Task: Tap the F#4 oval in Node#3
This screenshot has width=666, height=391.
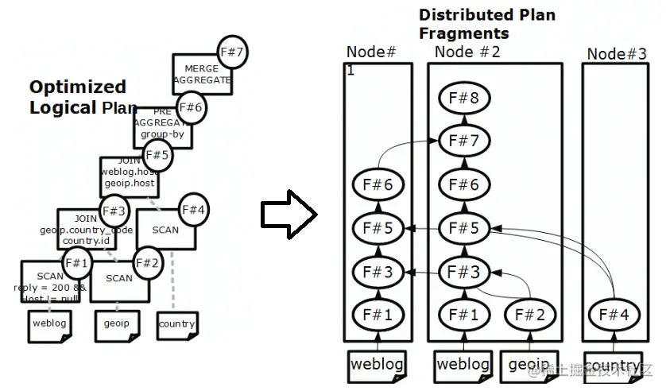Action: pos(614,315)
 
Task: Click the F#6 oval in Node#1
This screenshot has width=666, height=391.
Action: pos(378,184)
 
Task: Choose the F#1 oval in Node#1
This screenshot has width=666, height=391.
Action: pos(378,315)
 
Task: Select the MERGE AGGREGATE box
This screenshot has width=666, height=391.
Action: pos(201,75)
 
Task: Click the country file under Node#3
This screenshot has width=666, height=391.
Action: pos(613,366)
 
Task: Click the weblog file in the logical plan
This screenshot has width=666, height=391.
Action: pos(50,324)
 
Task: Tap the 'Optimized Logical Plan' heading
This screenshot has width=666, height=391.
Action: pos(78,97)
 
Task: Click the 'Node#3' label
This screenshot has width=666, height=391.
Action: pos(617,54)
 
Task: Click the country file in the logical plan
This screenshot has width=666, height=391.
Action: pos(176,324)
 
